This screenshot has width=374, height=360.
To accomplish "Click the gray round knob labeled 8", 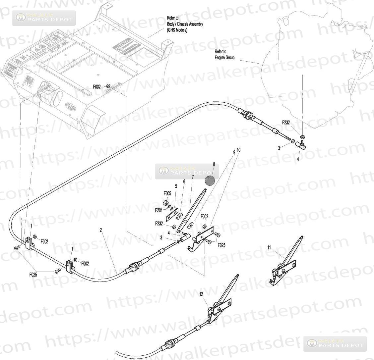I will tap(210, 180).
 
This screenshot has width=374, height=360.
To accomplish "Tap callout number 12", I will tap(201, 294).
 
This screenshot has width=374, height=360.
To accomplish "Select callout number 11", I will tap(269, 247).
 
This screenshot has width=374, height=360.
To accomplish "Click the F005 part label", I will tap(167, 193).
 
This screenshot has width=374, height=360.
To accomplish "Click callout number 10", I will tap(239, 150).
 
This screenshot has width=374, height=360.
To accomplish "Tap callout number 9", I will tap(234, 153).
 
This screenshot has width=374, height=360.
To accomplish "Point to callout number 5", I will tap(176, 186).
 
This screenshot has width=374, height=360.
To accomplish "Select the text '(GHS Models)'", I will tap(177, 30).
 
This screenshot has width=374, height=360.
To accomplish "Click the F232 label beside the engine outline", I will tap(286, 122).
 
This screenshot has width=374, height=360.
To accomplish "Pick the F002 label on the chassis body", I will tap(97, 87).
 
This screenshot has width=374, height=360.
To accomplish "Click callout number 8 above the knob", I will tap(214, 164).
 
